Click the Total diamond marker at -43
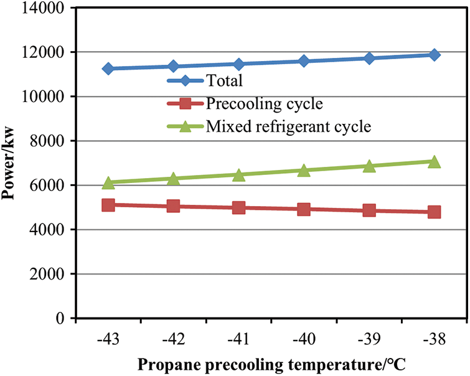click(108, 68)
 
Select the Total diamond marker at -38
click(435, 55)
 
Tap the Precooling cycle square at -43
click(108, 204)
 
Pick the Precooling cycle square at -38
click(435, 212)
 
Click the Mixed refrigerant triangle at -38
click(435, 162)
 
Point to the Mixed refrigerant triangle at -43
click(108, 182)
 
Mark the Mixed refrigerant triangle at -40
click(304, 170)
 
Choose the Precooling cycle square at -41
click(239, 207)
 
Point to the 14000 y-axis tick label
click(44, 9)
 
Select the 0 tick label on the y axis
click(60, 319)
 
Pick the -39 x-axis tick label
click(369, 340)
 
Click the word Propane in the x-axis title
click(164, 364)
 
